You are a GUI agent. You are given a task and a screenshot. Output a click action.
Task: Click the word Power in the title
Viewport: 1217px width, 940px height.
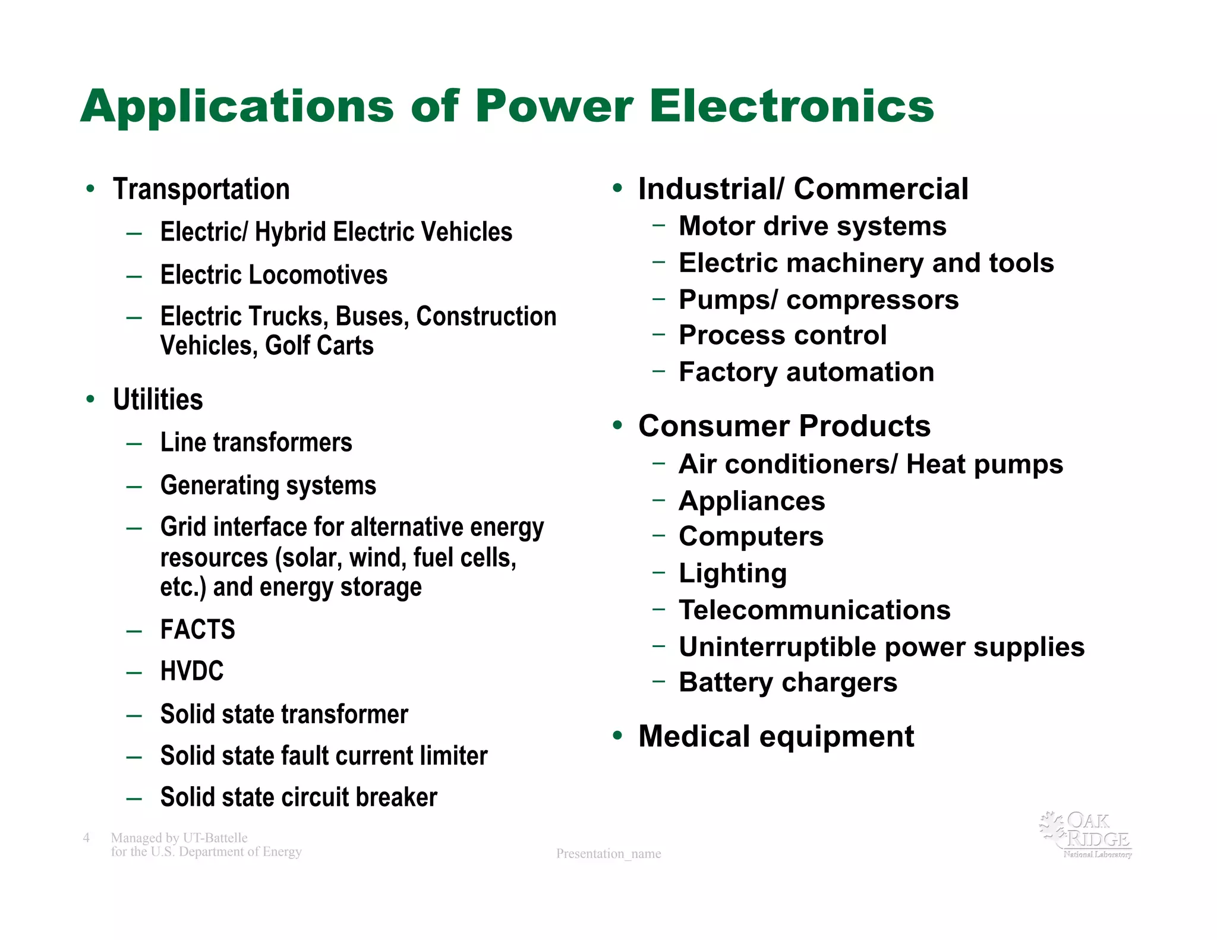click(554, 107)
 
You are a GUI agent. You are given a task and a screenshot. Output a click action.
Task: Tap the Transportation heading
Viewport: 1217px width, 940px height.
click(201, 190)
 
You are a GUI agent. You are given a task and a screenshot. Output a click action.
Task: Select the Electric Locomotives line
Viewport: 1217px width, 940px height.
click(273, 275)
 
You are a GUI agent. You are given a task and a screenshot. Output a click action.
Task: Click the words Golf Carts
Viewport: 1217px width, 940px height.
click(319, 346)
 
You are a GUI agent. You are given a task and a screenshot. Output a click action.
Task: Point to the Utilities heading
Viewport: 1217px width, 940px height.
click(158, 400)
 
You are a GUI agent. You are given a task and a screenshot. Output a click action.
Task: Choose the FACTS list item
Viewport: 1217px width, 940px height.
click(198, 630)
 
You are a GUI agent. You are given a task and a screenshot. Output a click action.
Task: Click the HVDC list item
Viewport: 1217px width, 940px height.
click(192, 671)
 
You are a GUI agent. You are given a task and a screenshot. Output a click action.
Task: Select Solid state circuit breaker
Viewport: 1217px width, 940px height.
click(298, 797)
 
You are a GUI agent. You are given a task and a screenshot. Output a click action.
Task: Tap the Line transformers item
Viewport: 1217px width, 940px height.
click(256, 443)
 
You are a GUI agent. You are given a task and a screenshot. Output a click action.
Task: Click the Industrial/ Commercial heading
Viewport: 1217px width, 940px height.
click(803, 190)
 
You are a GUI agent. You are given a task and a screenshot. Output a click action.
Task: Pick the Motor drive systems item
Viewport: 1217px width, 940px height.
click(812, 226)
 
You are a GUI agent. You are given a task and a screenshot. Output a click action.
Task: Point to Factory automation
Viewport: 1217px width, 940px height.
click(806, 373)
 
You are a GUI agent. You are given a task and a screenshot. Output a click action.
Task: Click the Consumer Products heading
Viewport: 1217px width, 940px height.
click(784, 426)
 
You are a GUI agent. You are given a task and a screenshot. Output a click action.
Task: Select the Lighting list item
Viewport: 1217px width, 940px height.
click(733, 573)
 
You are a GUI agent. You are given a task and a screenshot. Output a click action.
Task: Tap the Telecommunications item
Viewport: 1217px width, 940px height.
click(815, 610)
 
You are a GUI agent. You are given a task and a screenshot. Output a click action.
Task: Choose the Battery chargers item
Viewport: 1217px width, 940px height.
click(788, 683)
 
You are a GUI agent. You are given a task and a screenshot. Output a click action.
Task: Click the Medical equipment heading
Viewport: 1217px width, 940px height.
click(776, 737)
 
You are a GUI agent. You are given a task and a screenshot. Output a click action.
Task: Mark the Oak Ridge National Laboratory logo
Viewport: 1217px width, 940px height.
click(1086, 835)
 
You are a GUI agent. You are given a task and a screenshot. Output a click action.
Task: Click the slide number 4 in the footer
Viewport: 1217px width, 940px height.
click(86, 838)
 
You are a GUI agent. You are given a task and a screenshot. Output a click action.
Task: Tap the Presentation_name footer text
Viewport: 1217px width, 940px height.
click(608, 854)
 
